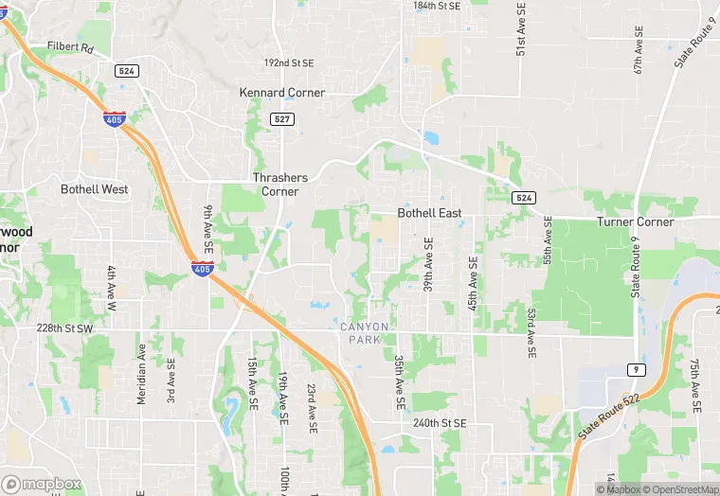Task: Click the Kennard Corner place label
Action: point(281,93)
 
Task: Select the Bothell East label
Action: point(429,213)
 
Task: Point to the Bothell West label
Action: point(94,189)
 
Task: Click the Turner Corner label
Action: point(635,222)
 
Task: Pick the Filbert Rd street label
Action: point(71,45)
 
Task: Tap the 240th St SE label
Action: point(440,423)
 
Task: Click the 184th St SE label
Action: point(437,6)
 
